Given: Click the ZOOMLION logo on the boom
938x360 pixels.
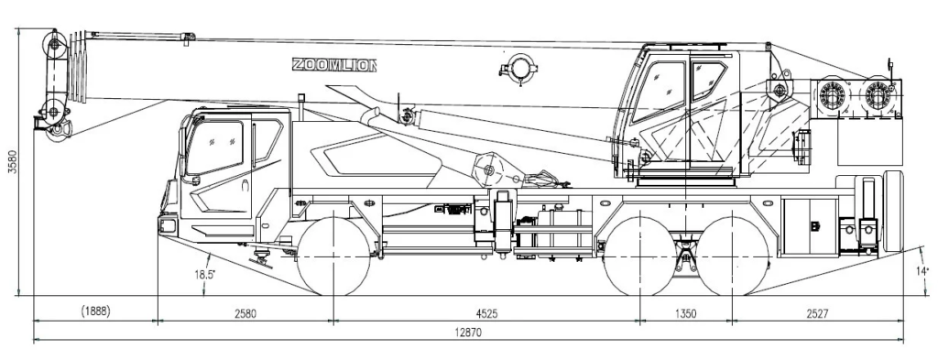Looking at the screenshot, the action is (333, 65).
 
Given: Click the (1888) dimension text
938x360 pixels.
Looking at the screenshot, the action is (95, 311).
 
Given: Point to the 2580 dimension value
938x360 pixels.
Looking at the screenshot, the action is (245, 313).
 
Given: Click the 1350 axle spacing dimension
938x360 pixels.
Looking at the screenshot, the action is (685, 313).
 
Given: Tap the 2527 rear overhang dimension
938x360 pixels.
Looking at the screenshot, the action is (817, 313).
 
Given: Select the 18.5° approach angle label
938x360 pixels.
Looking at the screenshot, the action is (204, 275).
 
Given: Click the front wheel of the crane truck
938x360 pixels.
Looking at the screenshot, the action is (333, 256).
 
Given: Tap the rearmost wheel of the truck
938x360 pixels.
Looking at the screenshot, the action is (734, 256).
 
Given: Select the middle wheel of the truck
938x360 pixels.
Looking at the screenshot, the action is (640, 256).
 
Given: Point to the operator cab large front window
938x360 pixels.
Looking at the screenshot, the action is (659, 91).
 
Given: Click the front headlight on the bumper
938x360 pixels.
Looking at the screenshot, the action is (168, 226).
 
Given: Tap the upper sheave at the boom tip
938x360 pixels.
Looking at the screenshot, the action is (56, 45).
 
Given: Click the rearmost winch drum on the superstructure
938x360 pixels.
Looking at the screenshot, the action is (878, 93).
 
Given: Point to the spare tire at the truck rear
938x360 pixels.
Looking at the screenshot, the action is (894, 211).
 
